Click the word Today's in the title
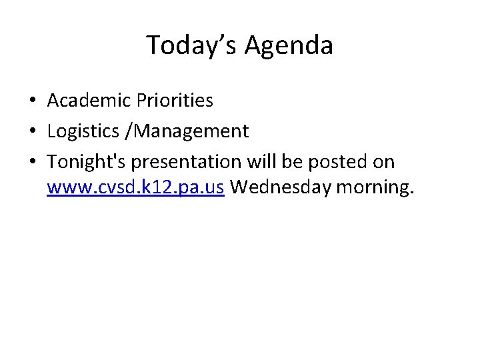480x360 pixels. click(192, 45)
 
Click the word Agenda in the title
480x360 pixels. click(289, 45)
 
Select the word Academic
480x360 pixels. click(89, 101)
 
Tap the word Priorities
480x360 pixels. click(175, 101)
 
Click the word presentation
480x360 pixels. click(189, 162)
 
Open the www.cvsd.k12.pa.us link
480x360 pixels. click(136, 188)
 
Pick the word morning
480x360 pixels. click(375, 188)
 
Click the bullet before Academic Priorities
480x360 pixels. click(32, 101)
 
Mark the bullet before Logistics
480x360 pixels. click(32, 132)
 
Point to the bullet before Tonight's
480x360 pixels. click(32, 163)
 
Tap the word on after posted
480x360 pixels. click(384, 162)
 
